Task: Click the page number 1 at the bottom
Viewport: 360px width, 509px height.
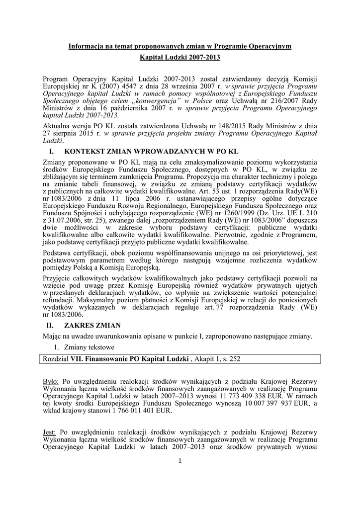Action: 180,461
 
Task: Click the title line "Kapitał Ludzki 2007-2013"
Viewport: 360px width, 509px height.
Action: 180,58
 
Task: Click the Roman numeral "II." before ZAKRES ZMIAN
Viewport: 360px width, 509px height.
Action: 49,326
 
